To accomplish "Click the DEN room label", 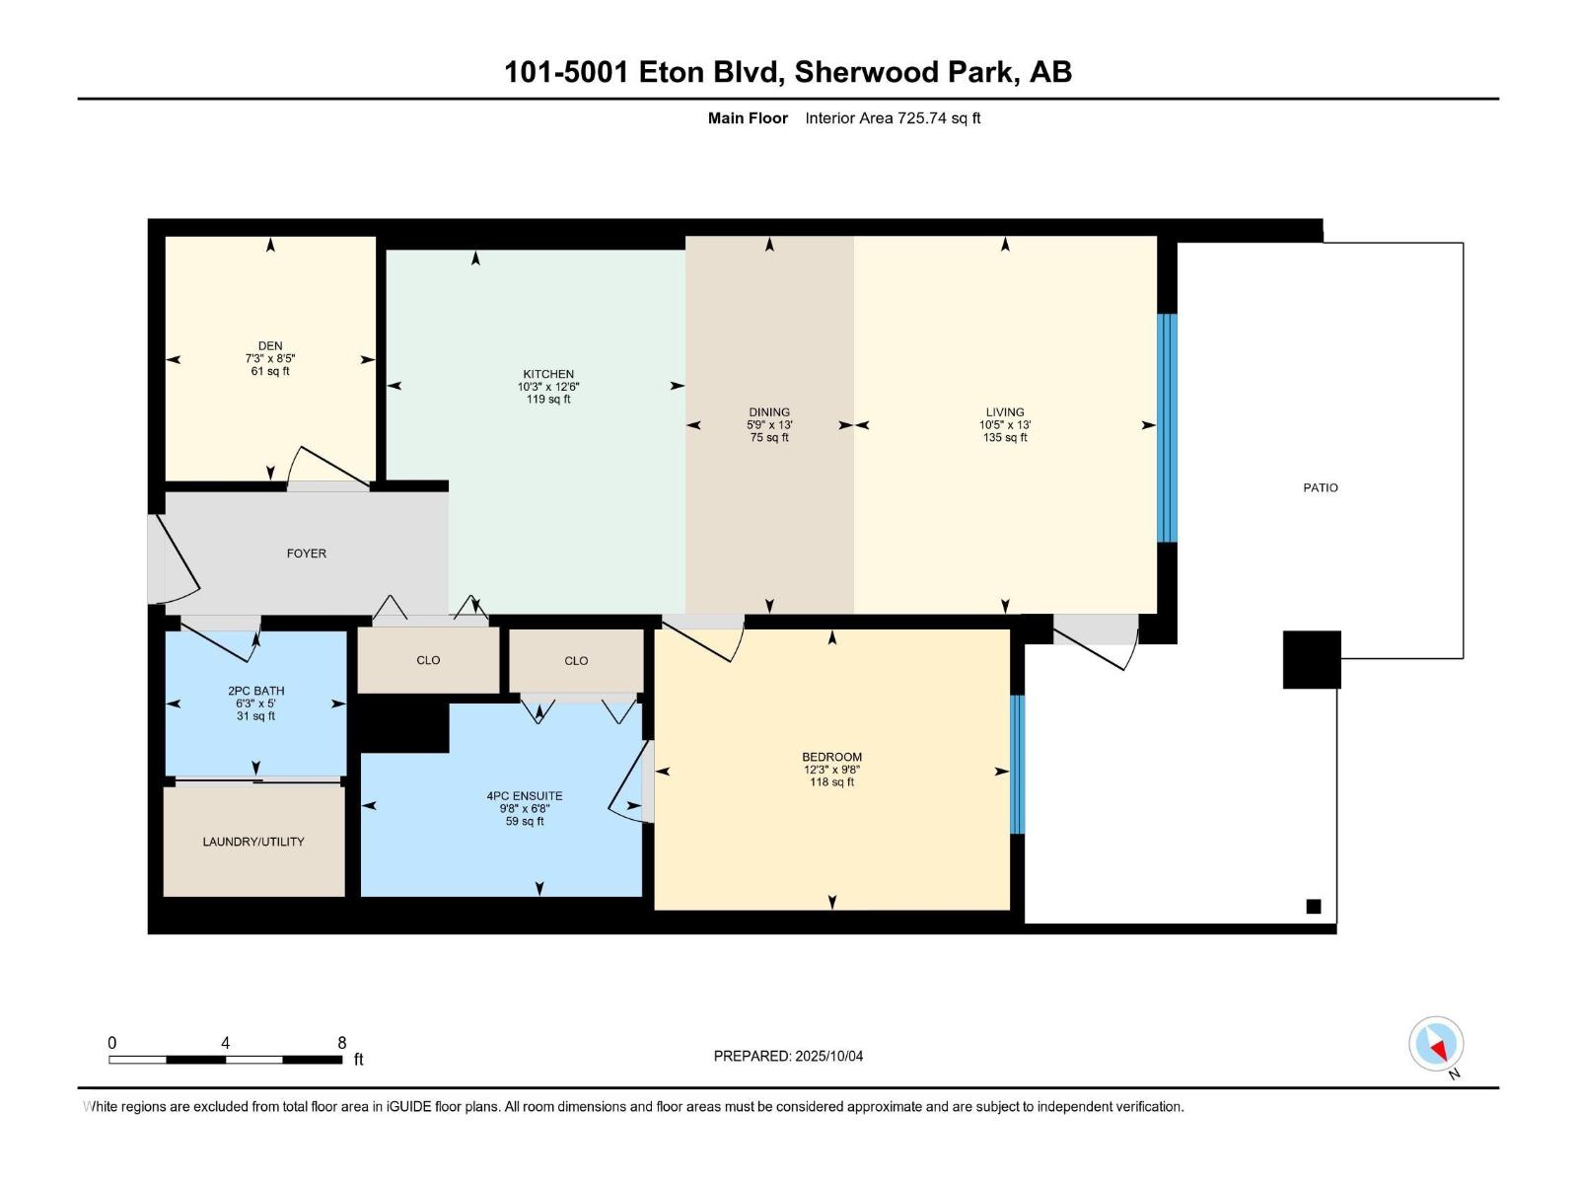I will point(270,346).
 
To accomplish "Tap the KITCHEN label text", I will point(548,374).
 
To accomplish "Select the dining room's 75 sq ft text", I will point(769,437).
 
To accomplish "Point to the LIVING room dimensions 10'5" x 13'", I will point(1005,425).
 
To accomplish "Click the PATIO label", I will point(1321,487).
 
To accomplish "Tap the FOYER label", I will point(307,554).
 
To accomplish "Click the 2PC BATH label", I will point(255,691).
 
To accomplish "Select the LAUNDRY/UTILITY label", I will point(253,842).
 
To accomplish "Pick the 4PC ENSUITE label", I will point(525,795).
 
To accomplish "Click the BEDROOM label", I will point(831,757).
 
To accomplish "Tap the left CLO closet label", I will point(428,660).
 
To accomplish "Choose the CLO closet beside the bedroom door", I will point(576,661).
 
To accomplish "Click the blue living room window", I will point(1167,427).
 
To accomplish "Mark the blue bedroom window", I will point(1017,765).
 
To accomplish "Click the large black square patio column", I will point(1312,659).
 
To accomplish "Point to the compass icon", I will point(1436,1044).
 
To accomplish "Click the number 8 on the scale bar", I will point(342,1043).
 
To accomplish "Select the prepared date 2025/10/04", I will point(827,1056).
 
